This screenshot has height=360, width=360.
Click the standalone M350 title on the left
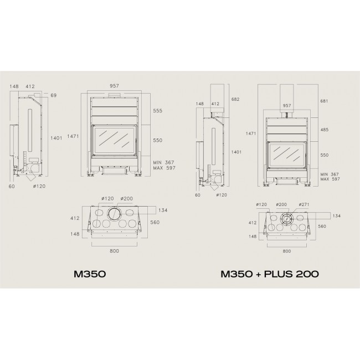[x=90, y=274]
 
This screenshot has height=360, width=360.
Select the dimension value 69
[x=54, y=95]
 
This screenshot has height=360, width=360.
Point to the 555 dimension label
[x=158, y=111]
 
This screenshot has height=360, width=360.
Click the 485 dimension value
[x=325, y=130]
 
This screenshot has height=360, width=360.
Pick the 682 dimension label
[x=235, y=99]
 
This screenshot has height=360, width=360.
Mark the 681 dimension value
[x=324, y=101]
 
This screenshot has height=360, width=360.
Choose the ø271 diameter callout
[x=304, y=204]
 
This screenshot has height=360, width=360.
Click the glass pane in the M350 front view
[x=114, y=140]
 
